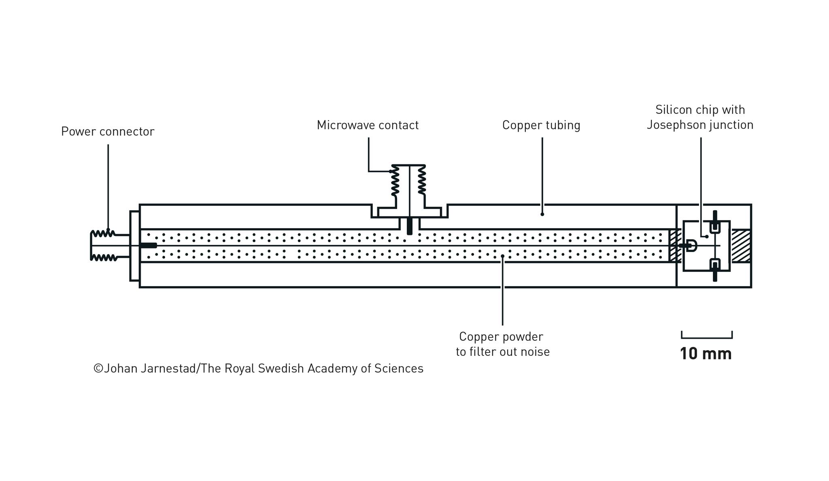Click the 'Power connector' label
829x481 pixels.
[x=108, y=132]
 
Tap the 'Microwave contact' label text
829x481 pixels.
[x=368, y=125]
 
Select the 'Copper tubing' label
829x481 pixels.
[x=541, y=125]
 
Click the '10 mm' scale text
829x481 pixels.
[x=706, y=354]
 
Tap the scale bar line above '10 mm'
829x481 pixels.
[x=707, y=337]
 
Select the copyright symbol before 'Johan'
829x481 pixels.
[x=98, y=368]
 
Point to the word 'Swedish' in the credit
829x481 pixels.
[x=281, y=368]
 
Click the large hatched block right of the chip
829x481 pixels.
[x=741, y=246]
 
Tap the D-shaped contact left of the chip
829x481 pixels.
[x=691, y=246]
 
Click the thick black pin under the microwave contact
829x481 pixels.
[x=410, y=226]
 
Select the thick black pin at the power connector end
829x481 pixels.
[x=148, y=245]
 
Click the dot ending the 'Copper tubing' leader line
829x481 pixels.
[x=542, y=214]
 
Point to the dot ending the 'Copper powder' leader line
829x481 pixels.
[x=502, y=256]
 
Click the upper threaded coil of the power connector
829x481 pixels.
[x=103, y=233]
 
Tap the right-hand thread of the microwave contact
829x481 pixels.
[x=421, y=180]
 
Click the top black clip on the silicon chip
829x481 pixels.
[x=715, y=222]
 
